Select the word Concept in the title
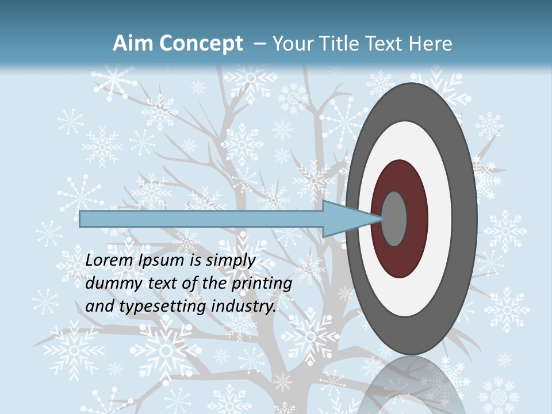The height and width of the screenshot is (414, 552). [x=201, y=44]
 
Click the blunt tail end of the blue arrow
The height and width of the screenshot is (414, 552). [x=81, y=218]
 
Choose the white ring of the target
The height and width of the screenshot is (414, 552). [x=440, y=218]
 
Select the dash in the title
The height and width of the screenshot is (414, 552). [x=260, y=44]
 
